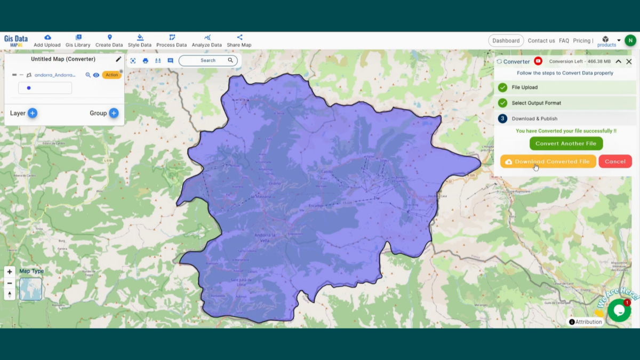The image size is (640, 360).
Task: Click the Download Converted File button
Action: [x=548, y=161]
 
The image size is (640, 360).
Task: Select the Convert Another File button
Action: [x=566, y=143]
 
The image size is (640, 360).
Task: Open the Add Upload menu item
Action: [x=47, y=41]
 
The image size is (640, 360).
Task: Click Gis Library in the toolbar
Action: [x=78, y=41]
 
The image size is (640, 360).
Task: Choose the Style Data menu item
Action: [x=140, y=41]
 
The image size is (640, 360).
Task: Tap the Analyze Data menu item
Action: [x=206, y=41]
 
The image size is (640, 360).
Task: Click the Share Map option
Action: [x=239, y=41]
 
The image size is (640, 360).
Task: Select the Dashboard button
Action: [x=506, y=41]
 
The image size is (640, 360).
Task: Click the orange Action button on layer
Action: [x=111, y=75]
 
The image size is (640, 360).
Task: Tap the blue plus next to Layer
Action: [x=33, y=113]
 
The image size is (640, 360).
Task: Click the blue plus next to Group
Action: [x=114, y=113]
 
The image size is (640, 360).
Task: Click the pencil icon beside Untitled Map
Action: [x=118, y=59]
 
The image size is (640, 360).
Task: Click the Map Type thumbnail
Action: [x=30, y=289]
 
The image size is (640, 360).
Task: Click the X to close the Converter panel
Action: [x=629, y=61]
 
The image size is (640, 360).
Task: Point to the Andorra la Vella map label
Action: [x=265, y=237]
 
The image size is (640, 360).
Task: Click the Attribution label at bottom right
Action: [x=586, y=322]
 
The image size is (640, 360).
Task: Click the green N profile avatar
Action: [x=630, y=41]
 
